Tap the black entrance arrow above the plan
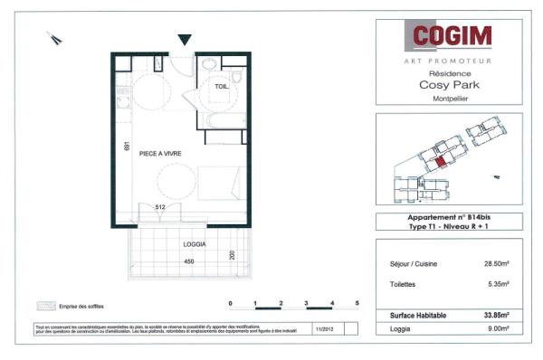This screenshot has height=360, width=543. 185,40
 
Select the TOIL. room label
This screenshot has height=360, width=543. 222,86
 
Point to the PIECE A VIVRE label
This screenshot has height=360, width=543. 160,155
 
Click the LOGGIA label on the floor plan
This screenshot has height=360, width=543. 194,245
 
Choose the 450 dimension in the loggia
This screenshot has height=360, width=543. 189,262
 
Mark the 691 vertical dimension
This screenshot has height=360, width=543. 129,147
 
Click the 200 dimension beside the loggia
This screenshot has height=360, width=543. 233,255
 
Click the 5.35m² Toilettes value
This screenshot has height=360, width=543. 499,284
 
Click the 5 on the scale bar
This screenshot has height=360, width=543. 357,303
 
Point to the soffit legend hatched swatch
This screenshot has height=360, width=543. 42,306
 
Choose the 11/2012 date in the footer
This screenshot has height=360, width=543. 323,331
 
